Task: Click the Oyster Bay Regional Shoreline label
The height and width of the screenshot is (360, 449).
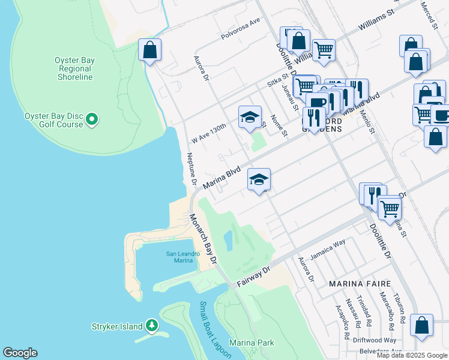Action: [73, 68]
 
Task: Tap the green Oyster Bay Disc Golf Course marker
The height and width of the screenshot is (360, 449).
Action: [92, 120]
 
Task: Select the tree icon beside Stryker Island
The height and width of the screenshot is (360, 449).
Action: [152, 326]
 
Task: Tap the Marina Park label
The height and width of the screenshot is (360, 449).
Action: [252, 343]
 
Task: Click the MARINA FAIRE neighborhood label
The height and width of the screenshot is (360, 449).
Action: [360, 283]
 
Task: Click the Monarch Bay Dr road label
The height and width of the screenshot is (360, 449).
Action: [203, 239]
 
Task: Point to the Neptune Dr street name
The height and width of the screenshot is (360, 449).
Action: [191, 168]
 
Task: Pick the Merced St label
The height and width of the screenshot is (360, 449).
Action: [432, 15]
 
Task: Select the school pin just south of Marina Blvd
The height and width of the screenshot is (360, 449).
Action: [259, 180]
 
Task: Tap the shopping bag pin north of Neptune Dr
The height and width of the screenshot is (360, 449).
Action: [149, 50]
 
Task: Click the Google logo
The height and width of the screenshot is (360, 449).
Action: [20, 353]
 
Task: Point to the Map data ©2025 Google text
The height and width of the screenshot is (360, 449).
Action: [412, 355]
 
